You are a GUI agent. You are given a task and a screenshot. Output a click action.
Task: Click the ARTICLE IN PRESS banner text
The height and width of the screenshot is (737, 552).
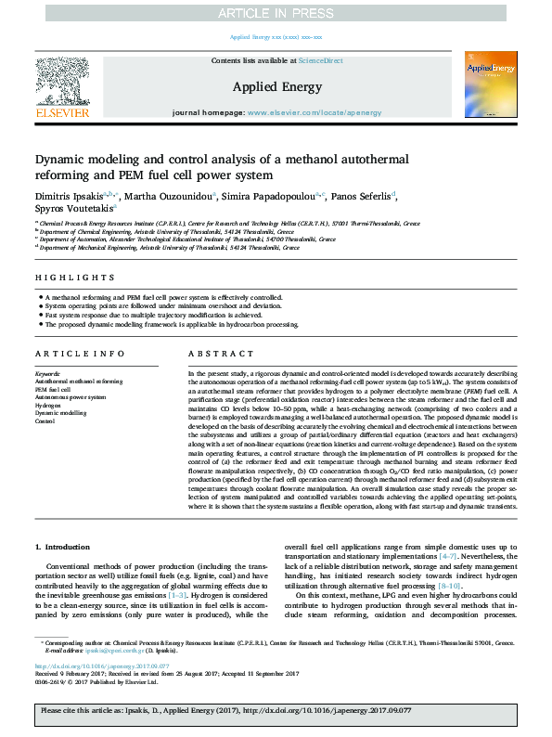[x=276, y=12]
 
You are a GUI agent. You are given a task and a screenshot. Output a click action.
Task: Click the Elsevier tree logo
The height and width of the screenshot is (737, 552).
[x=62, y=79]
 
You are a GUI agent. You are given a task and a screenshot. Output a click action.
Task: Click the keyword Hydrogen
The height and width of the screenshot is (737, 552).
[x=47, y=406]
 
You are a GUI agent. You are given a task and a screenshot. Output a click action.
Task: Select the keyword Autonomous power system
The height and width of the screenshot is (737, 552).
[x=71, y=397]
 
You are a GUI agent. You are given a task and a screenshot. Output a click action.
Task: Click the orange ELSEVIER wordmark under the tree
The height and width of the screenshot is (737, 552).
[x=62, y=112]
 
